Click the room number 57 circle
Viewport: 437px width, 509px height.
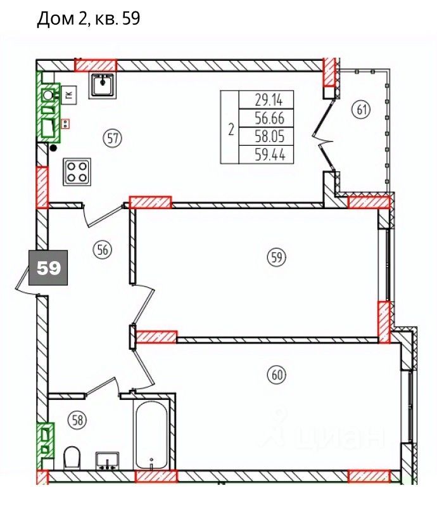coord(113,139)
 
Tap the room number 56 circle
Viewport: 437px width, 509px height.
coord(102,250)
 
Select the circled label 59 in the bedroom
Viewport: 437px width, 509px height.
coord(276,257)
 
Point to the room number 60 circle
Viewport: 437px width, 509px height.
coord(277,375)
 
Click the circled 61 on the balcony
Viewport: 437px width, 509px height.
coord(362,110)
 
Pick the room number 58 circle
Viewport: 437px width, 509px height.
coord(78,420)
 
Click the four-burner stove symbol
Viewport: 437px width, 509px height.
coord(77,172)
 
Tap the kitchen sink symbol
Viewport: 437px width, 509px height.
coord(102,86)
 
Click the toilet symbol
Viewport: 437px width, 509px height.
coord(72,458)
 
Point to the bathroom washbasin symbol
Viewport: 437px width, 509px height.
coord(108,461)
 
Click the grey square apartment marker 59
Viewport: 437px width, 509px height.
coord(48,267)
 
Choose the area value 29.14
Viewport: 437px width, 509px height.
coord(269,100)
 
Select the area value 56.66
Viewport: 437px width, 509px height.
coord(270,118)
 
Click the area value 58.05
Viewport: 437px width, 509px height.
coord(270,136)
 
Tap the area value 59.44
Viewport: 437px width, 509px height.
coord(270,155)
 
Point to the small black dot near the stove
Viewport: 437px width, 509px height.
coord(53,148)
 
